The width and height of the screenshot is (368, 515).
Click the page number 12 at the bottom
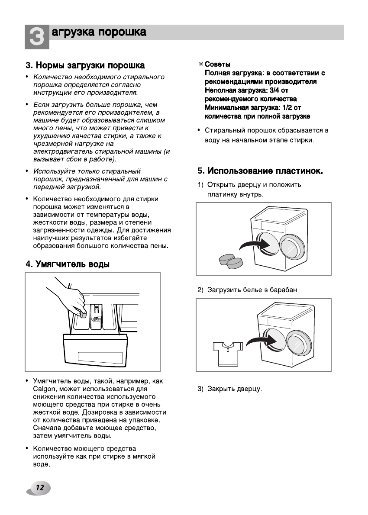coord(39,488)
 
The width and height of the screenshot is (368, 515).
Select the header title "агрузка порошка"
coord(99,33)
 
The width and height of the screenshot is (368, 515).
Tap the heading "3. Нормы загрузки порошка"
coord(85,66)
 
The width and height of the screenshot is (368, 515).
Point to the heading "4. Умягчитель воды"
coord(68,264)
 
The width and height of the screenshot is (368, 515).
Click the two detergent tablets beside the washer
coord(231,261)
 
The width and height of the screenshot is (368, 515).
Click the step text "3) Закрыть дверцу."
coord(230,389)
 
